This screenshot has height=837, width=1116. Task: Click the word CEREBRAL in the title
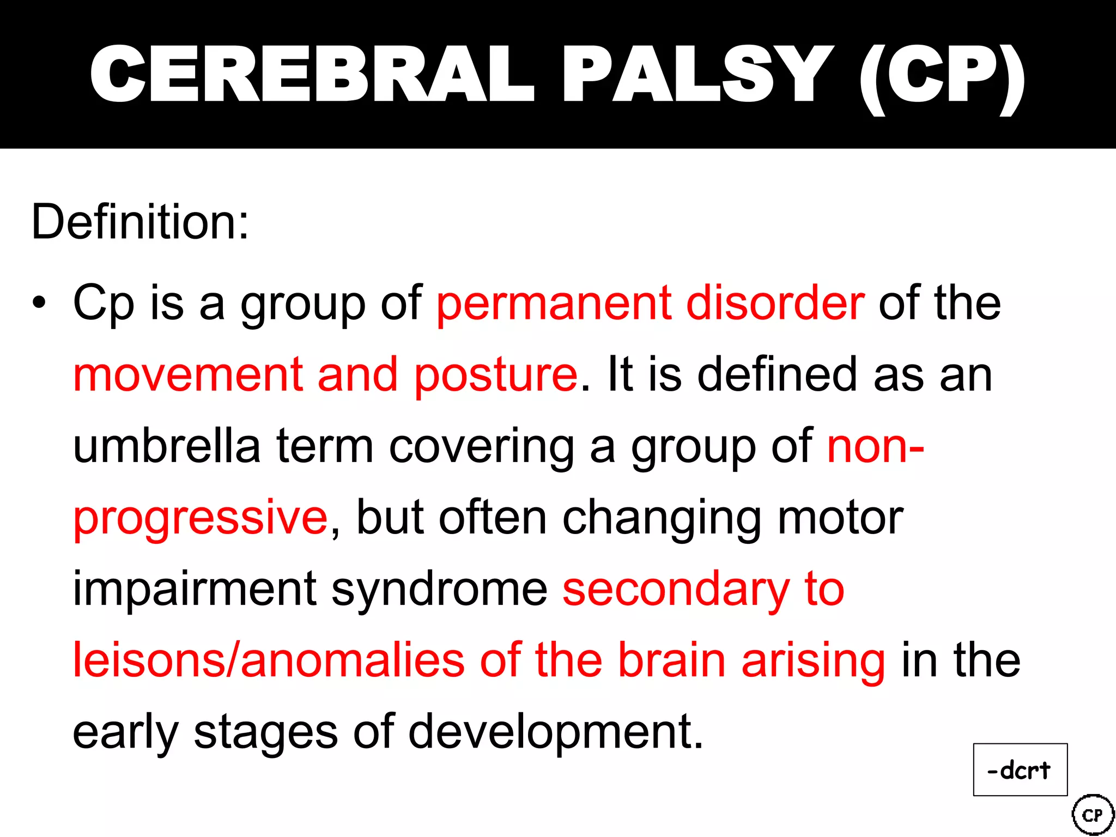[312, 74]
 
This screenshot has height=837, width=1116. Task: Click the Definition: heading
[140, 222]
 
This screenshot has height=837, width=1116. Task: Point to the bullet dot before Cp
[39, 303]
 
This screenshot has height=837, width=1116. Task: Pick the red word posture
[495, 376]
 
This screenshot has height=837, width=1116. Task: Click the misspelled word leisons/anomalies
[268, 660]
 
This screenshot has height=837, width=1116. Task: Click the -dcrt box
[1020, 769]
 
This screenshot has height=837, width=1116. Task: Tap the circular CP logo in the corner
[1092, 815]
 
